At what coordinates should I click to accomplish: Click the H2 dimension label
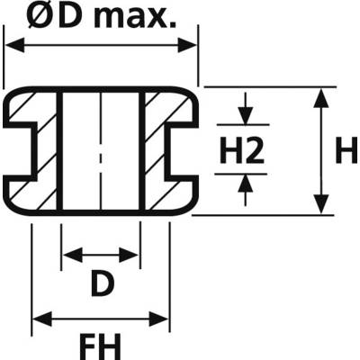[242, 149]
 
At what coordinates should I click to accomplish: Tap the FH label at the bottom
[100, 346]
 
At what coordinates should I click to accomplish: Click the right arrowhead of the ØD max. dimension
[187, 45]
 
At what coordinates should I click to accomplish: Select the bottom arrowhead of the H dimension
[321, 204]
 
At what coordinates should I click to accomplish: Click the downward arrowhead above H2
[246, 116]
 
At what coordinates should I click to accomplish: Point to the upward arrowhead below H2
[246, 183]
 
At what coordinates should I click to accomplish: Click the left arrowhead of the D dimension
[73, 256]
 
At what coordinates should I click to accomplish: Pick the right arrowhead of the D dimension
[129, 256]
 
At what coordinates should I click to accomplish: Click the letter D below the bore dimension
[103, 283]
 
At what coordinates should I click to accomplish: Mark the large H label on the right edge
[347, 149]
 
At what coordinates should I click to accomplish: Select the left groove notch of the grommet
[20, 151]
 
